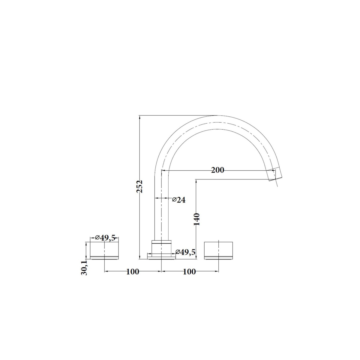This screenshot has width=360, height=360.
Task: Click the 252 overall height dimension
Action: (139, 186)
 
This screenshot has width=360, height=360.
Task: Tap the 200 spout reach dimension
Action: (217, 170)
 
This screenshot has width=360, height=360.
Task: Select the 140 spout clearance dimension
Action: (197, 219)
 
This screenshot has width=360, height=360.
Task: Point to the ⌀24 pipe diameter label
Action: (178, 200)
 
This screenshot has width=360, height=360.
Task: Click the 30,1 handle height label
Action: (84, 268)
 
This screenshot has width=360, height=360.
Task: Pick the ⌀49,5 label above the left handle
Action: (105, 238)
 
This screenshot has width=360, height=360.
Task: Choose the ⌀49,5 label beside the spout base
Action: (185, 252)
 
